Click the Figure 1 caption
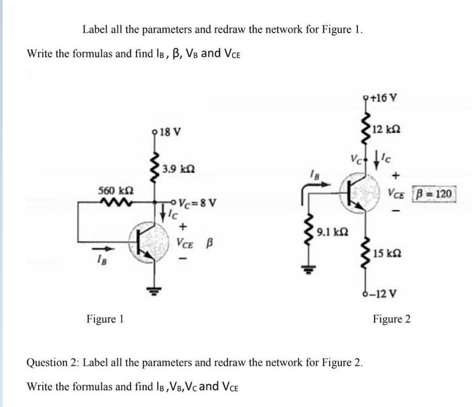(104, 319)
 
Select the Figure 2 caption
(392, 319)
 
